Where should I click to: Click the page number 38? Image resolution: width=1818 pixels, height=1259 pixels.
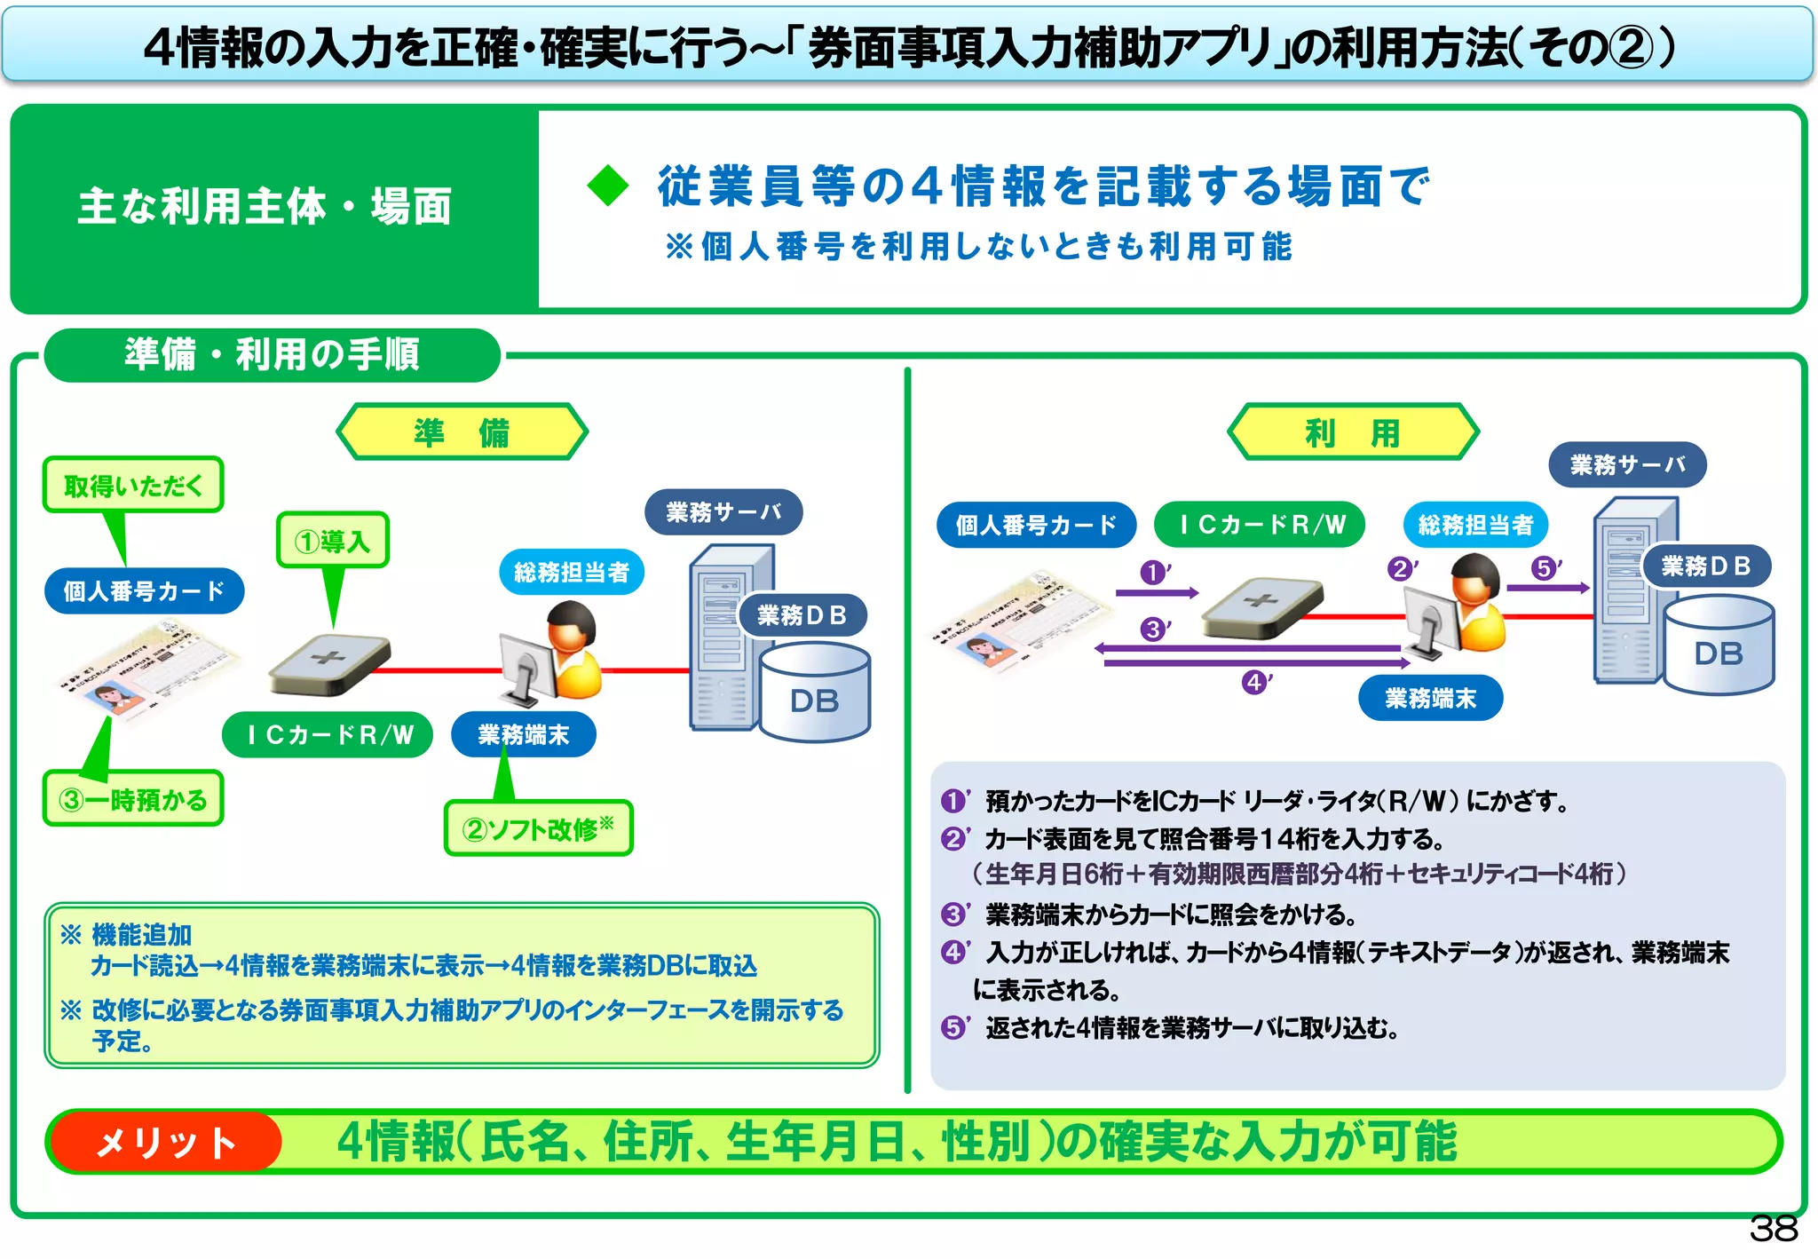click(1773, 1229)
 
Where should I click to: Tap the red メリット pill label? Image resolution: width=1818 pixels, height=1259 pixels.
click(166, 1142)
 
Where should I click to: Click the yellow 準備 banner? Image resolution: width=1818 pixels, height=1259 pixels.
click(462, 432)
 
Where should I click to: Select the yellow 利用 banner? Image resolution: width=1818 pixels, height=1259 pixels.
click(1353, 432)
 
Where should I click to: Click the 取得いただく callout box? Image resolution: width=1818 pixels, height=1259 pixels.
click(133, 485)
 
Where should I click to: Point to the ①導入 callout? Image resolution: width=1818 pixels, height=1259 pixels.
click(332, 540)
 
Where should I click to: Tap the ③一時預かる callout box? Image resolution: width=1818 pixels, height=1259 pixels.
click(133, 799)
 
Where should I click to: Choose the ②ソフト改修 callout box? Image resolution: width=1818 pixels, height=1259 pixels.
click(538, 828)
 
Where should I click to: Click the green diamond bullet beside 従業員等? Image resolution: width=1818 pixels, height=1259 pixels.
click(608, 186)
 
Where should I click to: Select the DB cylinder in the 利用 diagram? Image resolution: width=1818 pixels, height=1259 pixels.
click(1719, 647)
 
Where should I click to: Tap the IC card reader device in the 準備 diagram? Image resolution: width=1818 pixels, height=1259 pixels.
click(329, 664)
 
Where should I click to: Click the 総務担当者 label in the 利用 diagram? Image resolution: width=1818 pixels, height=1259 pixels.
click(1475, 525)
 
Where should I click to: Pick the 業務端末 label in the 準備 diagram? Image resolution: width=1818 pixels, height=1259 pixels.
click(524, 735)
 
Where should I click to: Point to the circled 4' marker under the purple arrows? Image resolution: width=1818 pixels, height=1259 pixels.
click(1254, 683)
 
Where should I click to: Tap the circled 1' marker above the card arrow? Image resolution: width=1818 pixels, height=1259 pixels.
click(1153, 573)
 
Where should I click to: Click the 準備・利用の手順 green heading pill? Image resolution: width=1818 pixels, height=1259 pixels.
click(272, 355)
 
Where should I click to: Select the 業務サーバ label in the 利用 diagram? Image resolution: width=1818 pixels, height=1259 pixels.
click(1627, 464)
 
